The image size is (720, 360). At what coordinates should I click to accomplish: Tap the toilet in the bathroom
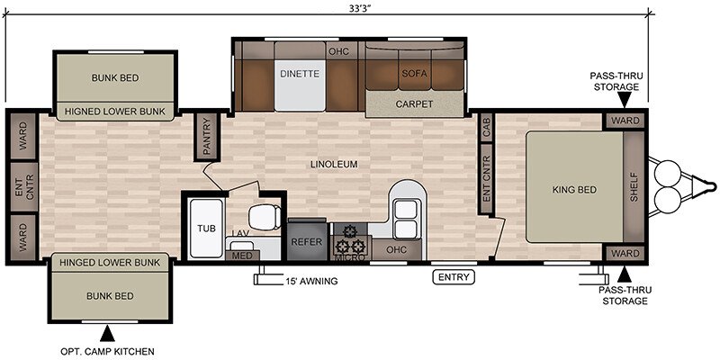pyautogui.click(x=265, y=217)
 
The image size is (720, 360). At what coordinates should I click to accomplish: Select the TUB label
pyautogui.click(x=207, y=229)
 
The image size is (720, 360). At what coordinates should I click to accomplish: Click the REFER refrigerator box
pyautogui.click(x=307, y=241)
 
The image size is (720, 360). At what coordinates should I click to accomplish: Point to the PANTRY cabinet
pyautogui.click(x=207, y=137)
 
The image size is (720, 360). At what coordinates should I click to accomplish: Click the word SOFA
pyautogui.click(x=414, y=74)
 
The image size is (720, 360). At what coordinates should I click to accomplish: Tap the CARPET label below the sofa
pyautogui.click(x=414, y=103)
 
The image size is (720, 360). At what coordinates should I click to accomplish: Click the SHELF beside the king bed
pyautogui.click(x=634, y=187)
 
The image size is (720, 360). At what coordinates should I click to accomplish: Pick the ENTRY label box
pyautogui.click(x=454, y=277)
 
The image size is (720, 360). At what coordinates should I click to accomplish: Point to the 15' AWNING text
pyautogui.click(x=311, y=281)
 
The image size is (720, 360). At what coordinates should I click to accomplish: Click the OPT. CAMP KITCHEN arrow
pyautogui.click(x=107, y=333)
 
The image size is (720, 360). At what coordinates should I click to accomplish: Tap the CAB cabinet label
pyautogui.click(x=486, y=127)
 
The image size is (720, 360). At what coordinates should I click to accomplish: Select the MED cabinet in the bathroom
pyautogui.click(x=242, y=256)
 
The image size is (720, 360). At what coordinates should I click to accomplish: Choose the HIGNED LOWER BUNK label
pyautogui.click(x=115, y=112)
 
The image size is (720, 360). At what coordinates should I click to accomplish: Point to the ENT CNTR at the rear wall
pyautogui.click(x=24, y=187)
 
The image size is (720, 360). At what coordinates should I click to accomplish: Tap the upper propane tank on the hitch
pyautogui.click(x=668, y=171)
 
